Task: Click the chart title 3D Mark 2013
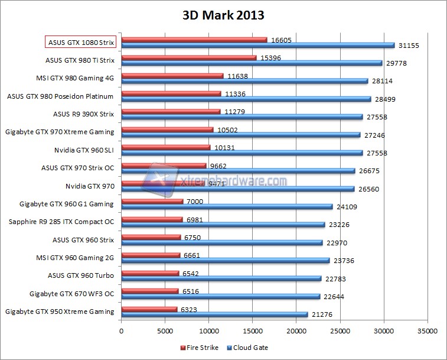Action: [x=223, y=15]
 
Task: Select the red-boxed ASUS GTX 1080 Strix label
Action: [x=81, y=42]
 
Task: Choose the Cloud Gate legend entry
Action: [x=248, y=348]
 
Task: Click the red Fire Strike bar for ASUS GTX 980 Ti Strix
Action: [x=189, y=57]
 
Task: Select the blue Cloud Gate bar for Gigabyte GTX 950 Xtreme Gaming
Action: [x=214, y=314]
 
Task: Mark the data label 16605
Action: [x=282, y=40]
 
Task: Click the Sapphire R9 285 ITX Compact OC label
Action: [x=61, y=222]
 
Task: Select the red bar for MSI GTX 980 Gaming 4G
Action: [x=172, y=76]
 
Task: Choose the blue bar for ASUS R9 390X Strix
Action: [x=242, y=117]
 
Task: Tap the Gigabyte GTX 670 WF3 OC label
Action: [x=71, y=293]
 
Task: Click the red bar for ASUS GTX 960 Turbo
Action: [x=150, y=273]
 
